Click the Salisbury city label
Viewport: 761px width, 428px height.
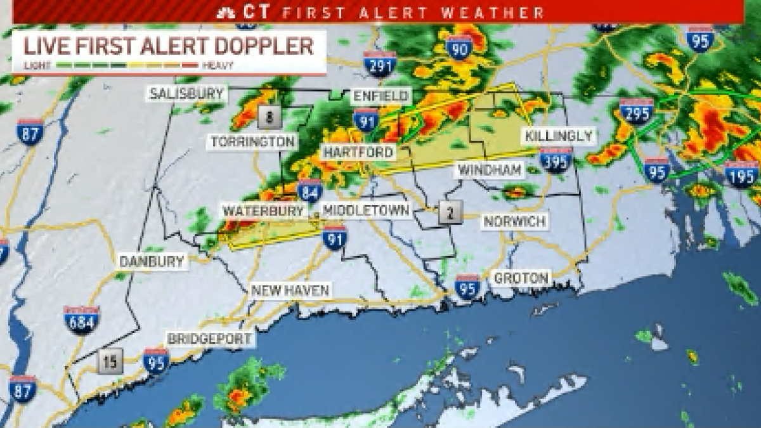point(186,94)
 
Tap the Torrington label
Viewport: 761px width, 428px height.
point(253,142)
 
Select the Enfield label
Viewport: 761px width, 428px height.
point(381,96)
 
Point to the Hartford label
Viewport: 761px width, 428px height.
point(358,153)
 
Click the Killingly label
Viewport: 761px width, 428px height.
point(559,136)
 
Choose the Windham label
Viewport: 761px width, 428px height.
point(491,170)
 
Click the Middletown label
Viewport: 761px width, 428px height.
point(367,211)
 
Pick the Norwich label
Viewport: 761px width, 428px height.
point(514,222)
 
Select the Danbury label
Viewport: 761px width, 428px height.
point(152,261)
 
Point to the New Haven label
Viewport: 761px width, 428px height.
point(290,291)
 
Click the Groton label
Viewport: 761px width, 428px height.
point(521,278)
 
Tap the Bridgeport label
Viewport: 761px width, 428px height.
point(210,339)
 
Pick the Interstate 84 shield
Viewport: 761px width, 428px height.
point(310,190)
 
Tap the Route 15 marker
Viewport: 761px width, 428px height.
point(110,362)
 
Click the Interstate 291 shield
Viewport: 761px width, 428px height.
point(380,64)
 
